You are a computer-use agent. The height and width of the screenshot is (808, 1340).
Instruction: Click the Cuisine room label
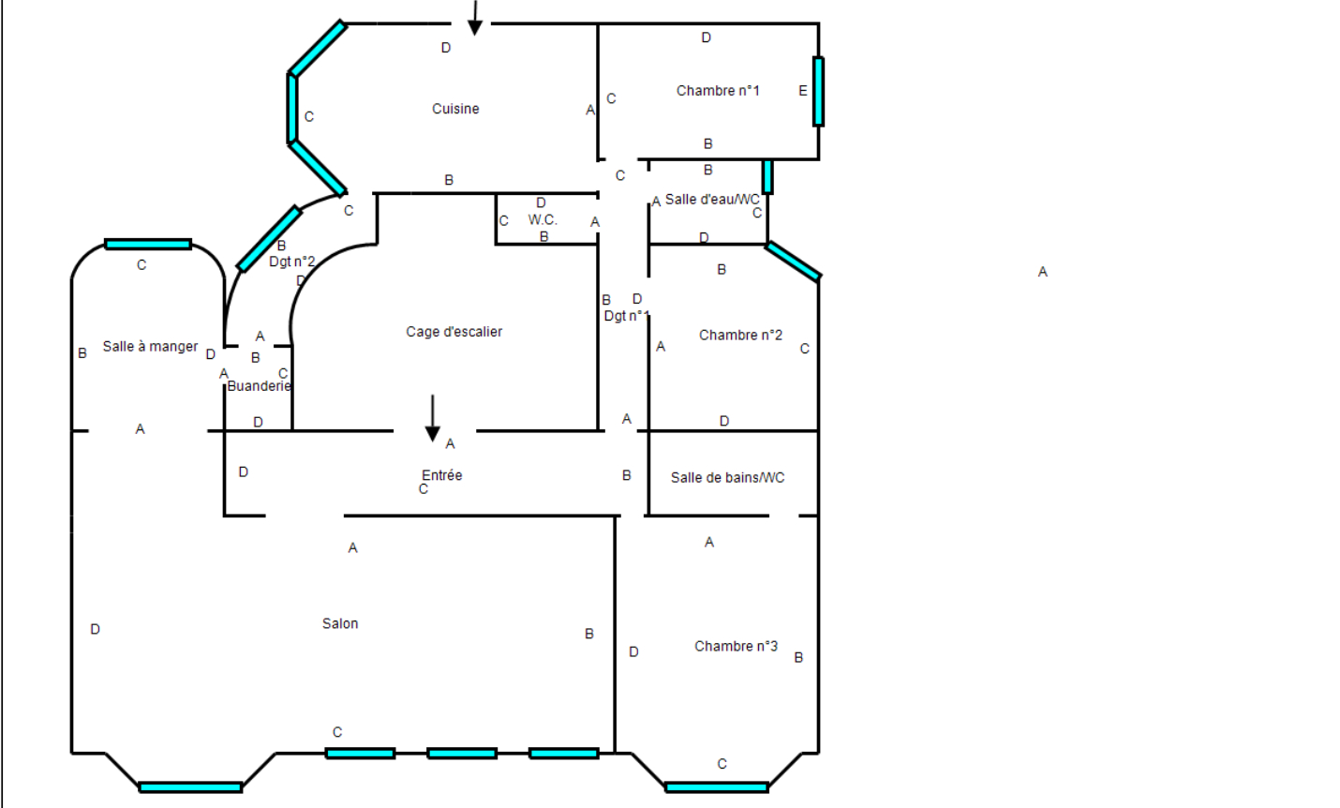click(455, 109)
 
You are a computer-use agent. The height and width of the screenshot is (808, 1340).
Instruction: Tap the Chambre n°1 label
click(718, 90)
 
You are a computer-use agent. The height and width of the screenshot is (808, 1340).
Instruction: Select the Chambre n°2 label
click(740, 335)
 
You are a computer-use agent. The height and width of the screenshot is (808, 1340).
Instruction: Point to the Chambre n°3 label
click(736, 646)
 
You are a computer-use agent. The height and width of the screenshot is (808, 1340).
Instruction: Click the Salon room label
click(340, 623)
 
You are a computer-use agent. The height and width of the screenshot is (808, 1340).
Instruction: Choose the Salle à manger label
click(150, 346)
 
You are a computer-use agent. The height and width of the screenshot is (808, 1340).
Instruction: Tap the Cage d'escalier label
click(454, 332)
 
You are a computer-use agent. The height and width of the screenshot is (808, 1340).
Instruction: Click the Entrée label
click(442, 475)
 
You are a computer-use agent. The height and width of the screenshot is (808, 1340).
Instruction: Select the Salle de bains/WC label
click(727, 478)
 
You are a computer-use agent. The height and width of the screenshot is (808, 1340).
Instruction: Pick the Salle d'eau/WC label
click(712, 200)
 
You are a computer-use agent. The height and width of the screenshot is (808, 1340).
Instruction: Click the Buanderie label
click(259, 386)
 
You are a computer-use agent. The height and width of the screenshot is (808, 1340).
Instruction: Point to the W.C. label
click(543, 219)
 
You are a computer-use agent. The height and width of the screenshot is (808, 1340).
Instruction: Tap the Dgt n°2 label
click(292, 262)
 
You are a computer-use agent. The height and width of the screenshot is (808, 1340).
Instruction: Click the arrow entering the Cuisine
click(475, 18)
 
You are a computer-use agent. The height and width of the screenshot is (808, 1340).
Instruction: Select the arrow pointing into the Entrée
click(433, 418)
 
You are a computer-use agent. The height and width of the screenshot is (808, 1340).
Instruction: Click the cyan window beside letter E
click(818, 92)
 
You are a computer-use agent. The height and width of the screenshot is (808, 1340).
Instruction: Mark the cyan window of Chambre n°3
click(717, 787)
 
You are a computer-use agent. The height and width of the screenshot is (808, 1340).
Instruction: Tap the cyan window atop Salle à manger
click(148, 245)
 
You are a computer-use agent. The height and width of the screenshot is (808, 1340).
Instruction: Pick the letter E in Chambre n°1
click(803, 90)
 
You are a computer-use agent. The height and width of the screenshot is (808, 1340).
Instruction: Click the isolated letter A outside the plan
click(1043, 272)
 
